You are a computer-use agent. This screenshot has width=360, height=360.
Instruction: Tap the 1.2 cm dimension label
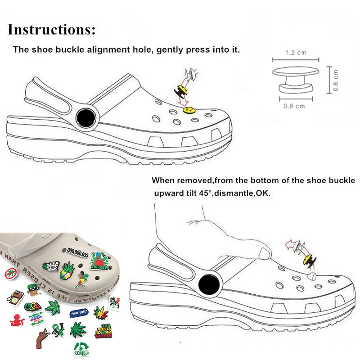point(296,53)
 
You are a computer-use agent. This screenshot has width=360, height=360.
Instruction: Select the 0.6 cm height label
point(336,80)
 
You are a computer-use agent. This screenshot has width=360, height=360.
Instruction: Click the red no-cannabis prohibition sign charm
point(11,273)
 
